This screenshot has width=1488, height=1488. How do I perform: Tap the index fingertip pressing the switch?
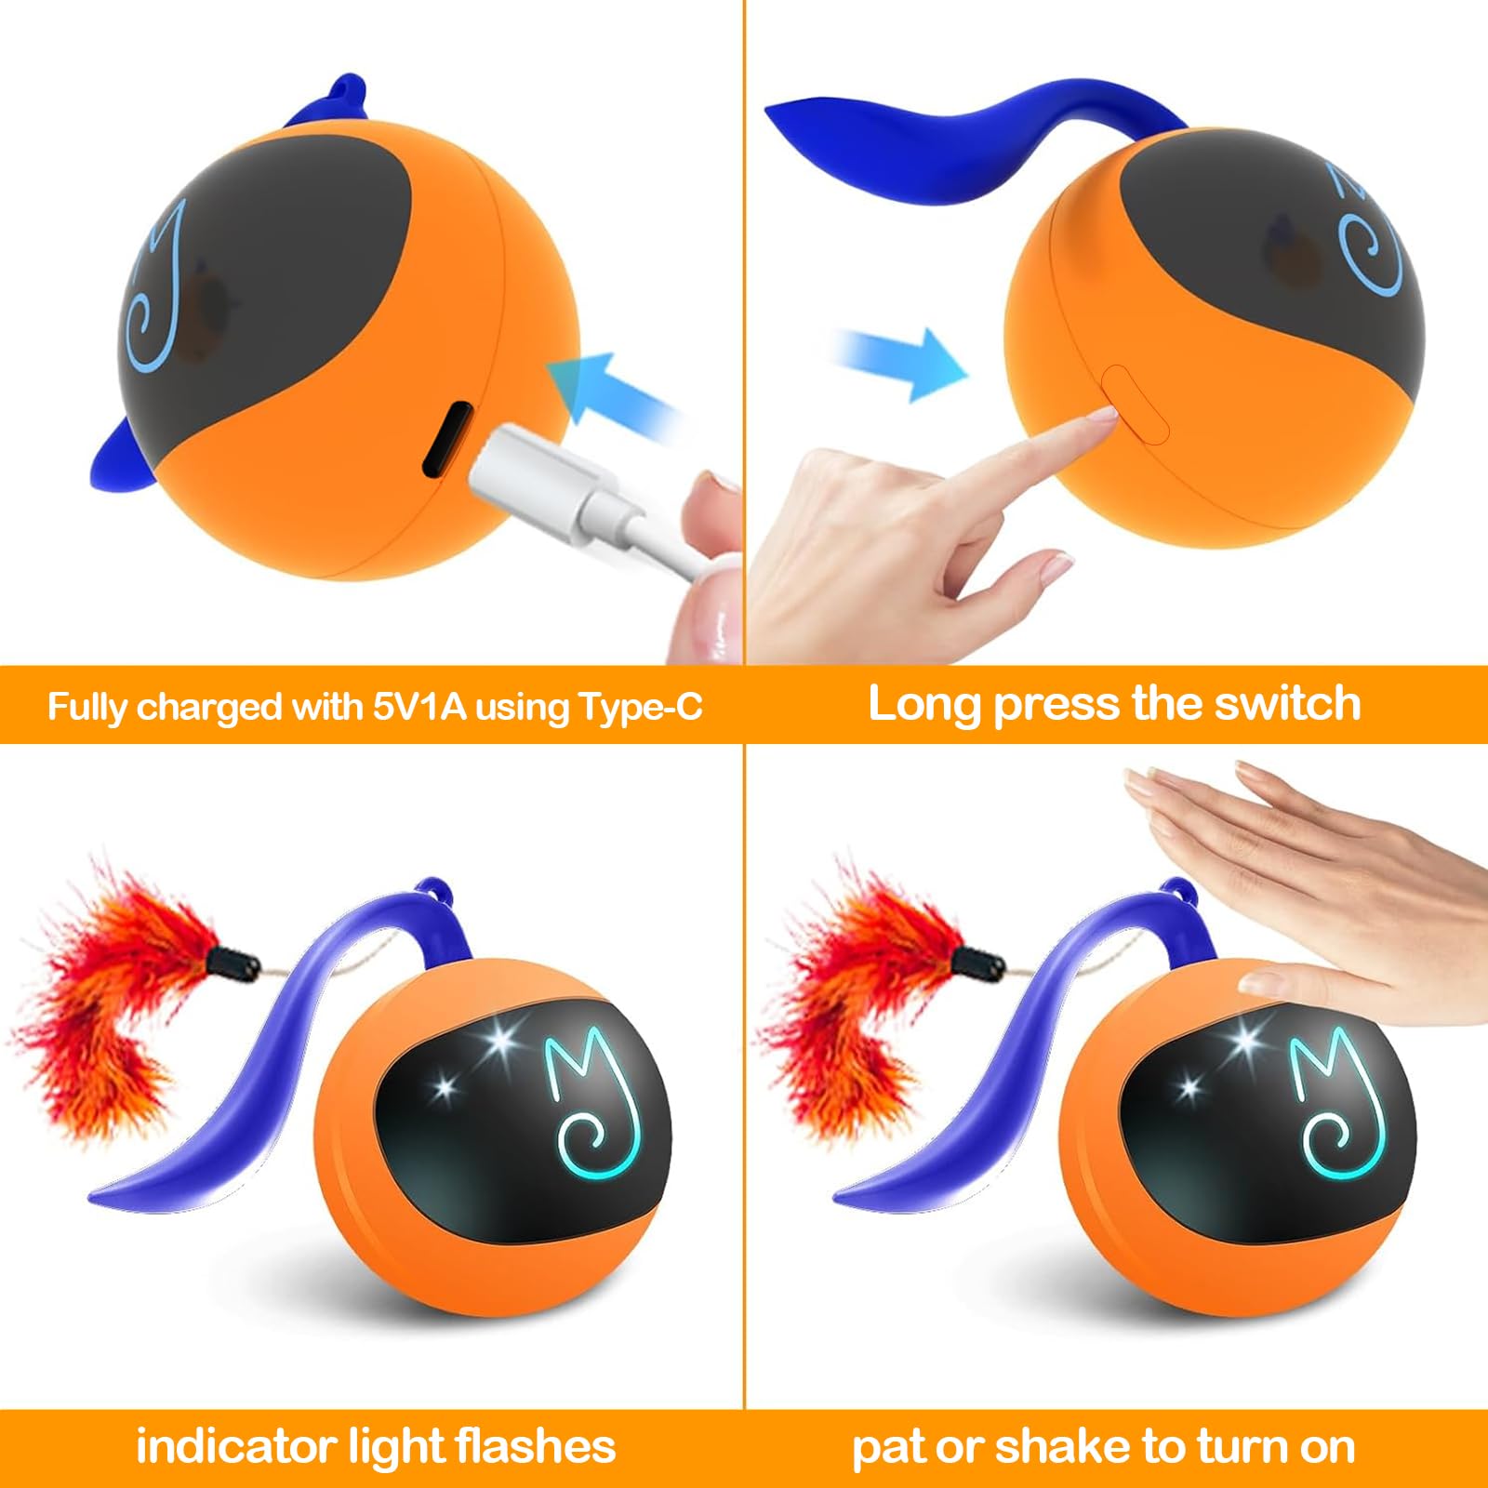pyautogui.click(x=1097, y=420)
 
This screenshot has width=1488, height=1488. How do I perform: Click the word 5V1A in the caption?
pyautogui.click(x=421, y=707)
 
